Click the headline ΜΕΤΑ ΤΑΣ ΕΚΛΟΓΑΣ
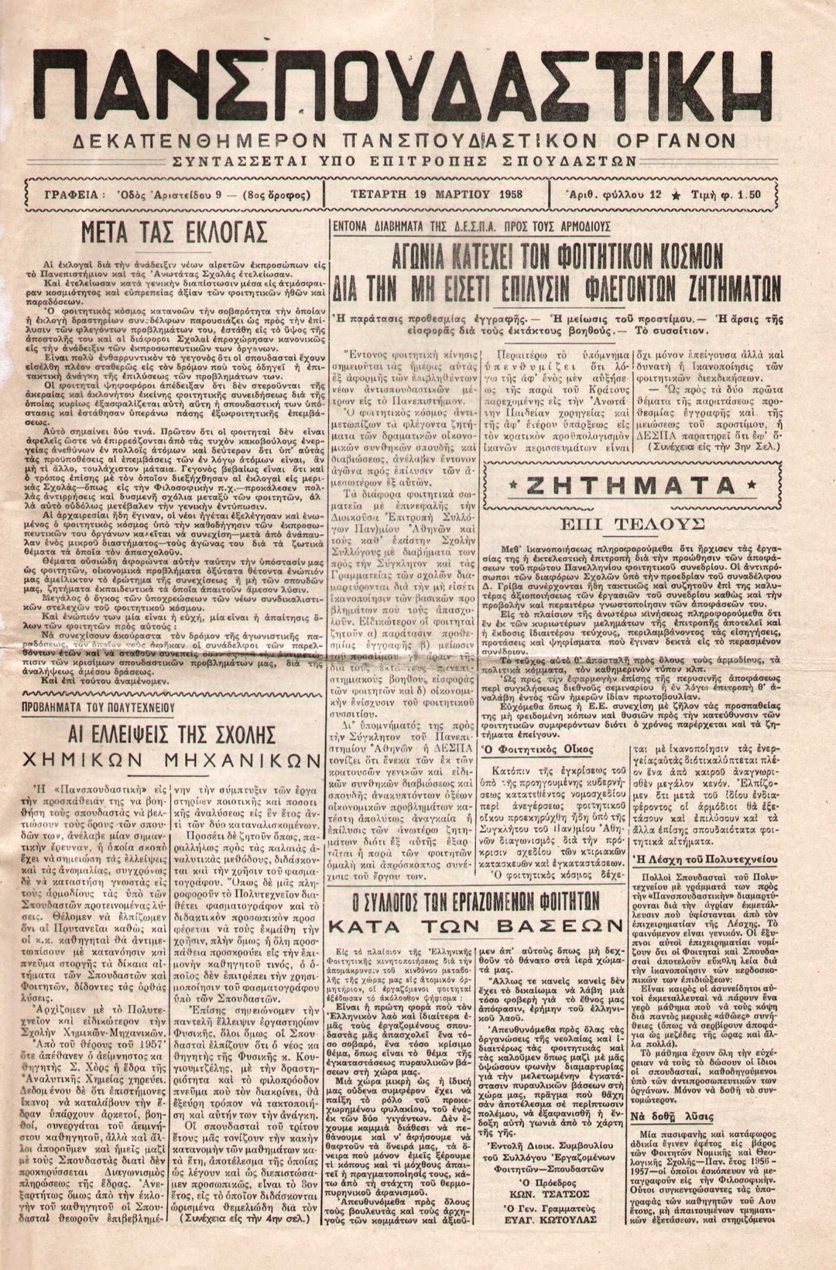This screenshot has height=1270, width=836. click(176, 232)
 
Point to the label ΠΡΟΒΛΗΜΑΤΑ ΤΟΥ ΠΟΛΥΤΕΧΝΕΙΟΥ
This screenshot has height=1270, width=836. click(108, 707)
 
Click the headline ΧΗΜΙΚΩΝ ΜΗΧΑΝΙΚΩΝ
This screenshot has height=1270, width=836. click(173, 759)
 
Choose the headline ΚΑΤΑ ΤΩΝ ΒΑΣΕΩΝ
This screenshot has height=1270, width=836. click(475, 926)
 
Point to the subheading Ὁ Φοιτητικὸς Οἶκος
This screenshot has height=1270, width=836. click(538, 749)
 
